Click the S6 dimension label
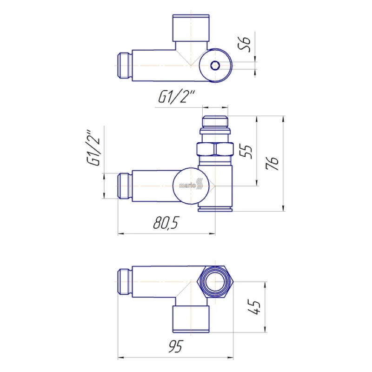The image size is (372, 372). (x=245, y=44)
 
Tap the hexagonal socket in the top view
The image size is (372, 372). (x=215, y=65)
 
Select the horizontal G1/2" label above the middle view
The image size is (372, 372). (x=176, y=97)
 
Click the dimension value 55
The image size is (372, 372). (x=246, y=152)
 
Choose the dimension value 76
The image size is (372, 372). (x=272, y=163)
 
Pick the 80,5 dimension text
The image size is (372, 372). (x=166, y=223)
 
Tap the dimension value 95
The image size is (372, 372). (x=176, y=346)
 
